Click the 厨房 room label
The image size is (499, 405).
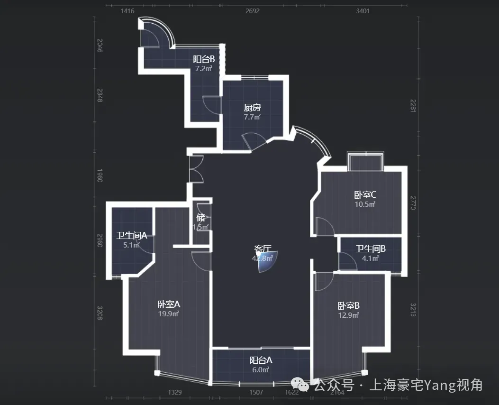[252, 108]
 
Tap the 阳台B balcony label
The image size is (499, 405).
[204, 59]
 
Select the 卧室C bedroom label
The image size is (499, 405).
[365, 195]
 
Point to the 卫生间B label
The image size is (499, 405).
[371, 249]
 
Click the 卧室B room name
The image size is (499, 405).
[348, 306]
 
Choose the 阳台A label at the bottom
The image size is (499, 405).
[261, 360]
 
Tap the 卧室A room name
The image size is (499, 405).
[168, 304]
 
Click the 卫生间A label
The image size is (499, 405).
[131, 236]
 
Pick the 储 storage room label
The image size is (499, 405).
[201, 218]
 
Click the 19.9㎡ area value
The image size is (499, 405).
[168, 314]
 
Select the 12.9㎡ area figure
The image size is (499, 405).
[348, 315]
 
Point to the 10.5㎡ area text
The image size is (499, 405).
[365, 204]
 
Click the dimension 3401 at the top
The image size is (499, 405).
[363, 11]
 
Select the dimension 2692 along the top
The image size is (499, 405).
[253, 11]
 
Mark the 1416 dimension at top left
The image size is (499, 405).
[127, 11]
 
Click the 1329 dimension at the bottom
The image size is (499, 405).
[175, 392]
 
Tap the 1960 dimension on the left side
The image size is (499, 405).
[100, 175]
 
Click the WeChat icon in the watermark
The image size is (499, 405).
[299, 384]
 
